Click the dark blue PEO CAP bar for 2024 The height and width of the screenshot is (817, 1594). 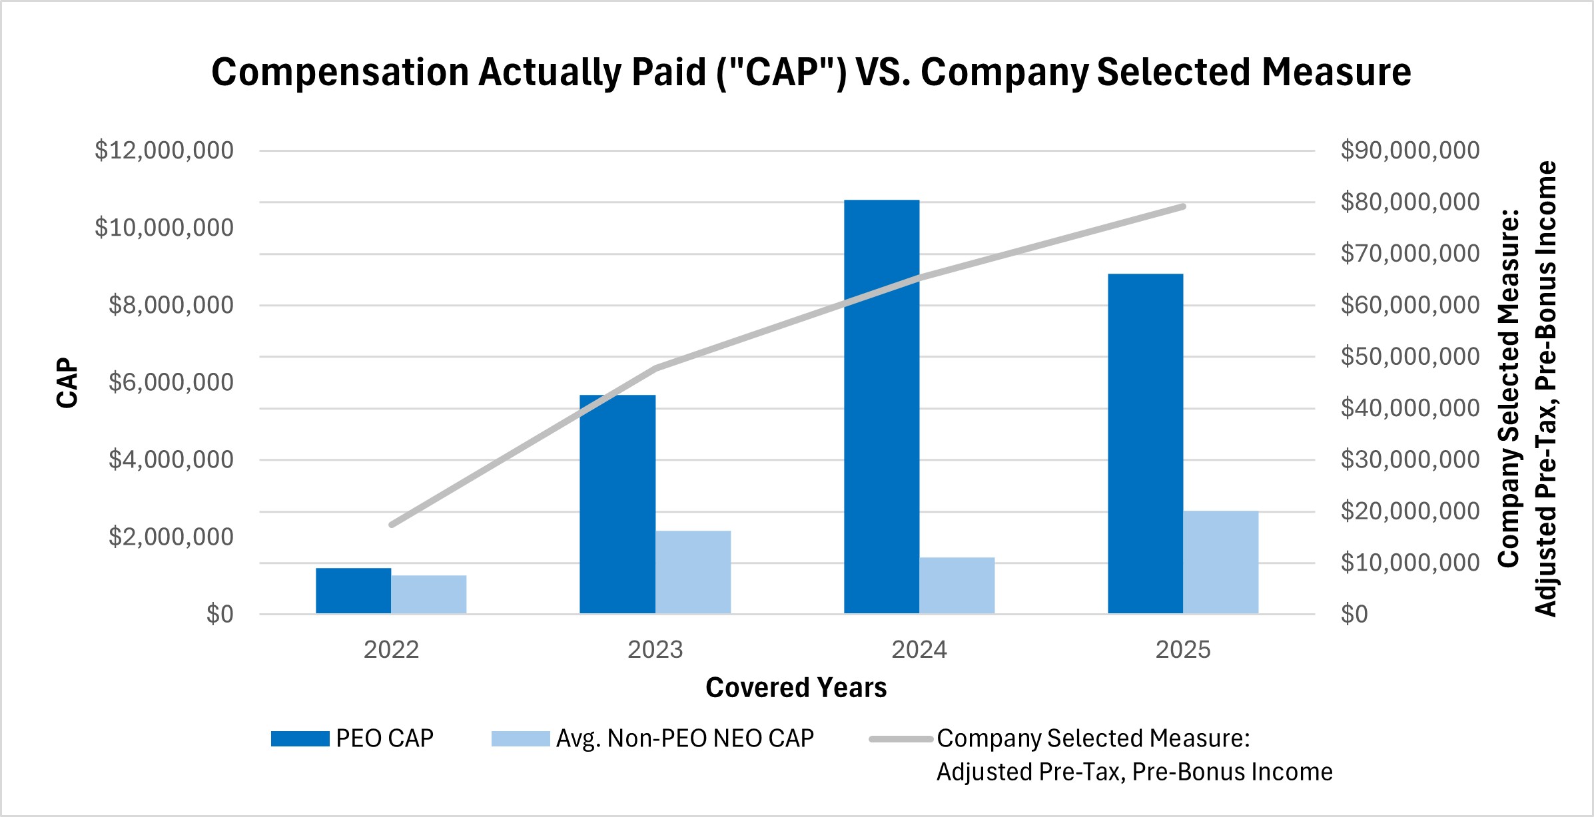[881, 406]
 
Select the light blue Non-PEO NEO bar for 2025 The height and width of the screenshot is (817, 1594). [1220, 562]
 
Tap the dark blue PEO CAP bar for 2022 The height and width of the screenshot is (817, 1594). [353, 591]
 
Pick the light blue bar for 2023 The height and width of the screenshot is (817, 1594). [693, 572]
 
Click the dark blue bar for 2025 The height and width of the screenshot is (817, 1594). [1145, 443]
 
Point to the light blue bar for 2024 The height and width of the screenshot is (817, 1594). [957, 585]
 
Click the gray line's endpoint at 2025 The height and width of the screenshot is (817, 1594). [1183, 206]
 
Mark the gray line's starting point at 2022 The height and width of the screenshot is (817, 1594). [392, 525]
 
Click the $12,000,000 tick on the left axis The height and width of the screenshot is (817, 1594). [164, 150]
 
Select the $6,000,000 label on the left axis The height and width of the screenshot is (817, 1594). [171, 382]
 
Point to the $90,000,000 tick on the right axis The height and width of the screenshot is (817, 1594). [1409, 150]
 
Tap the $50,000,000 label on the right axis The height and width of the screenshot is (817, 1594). [1409, 357]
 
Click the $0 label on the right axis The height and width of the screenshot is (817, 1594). [1354, 614]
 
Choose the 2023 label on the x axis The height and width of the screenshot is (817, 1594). [655, 650]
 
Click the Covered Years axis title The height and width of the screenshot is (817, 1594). [796, 688]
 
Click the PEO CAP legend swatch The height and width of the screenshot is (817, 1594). [300, 738]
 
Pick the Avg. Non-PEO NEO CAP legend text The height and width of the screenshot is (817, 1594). [685, 738]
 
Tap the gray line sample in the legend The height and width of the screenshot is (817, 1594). [901, 738]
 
